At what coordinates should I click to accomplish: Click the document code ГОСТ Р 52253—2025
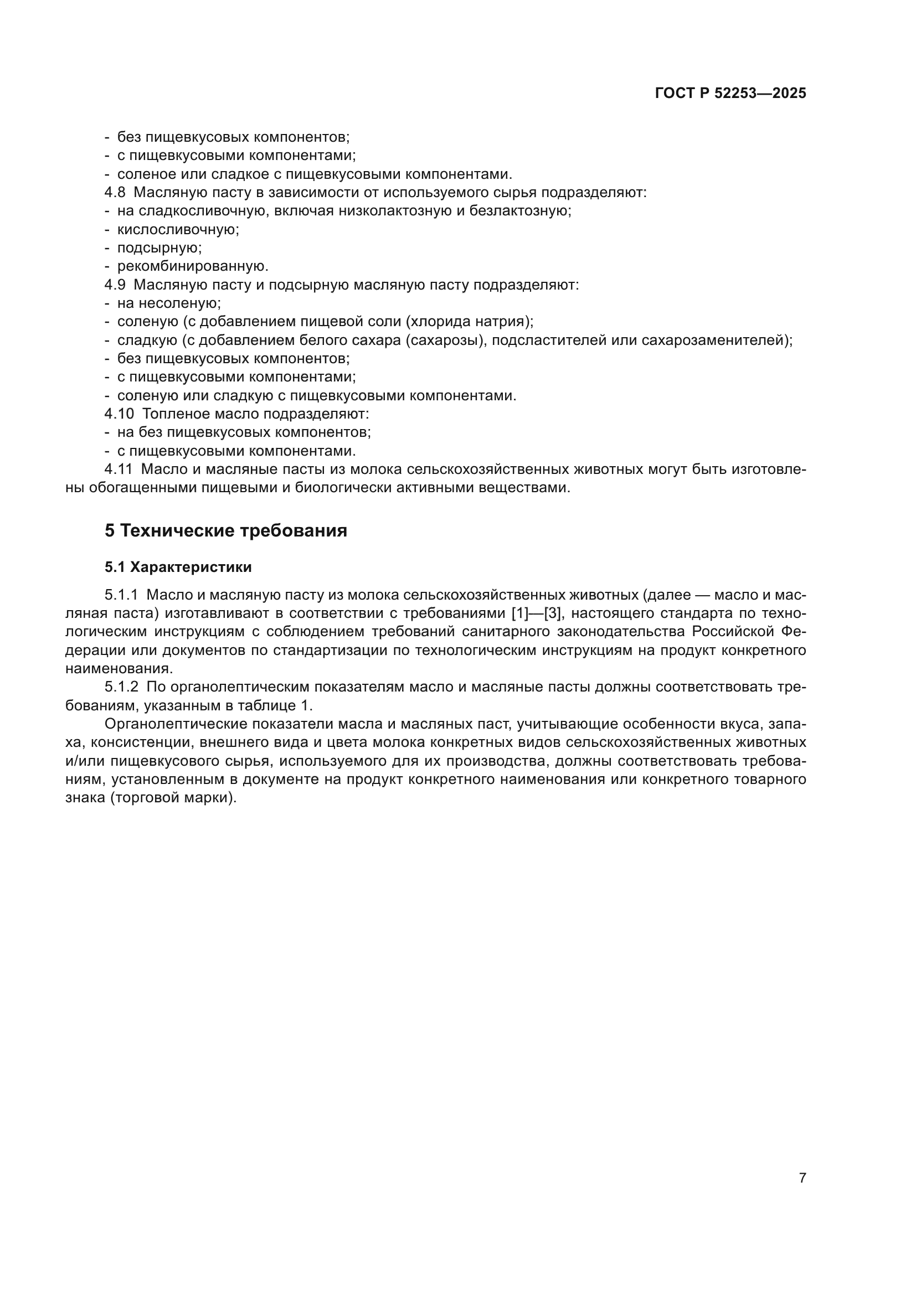(730, 94)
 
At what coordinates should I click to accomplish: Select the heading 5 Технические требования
(225, 531)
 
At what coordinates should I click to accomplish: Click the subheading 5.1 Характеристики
(178, 567)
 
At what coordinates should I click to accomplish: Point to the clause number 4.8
(115, 193)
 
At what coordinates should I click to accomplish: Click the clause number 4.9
(115, 285)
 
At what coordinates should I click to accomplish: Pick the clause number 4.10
(119, 414)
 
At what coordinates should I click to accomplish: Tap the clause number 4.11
(119, 469)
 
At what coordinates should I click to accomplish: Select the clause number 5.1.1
(121, 595)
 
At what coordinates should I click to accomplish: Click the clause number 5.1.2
(121, 687)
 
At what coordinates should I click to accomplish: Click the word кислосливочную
(178, 230)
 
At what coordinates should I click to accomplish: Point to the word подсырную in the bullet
(159, 248)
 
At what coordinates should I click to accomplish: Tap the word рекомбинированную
(192, 267)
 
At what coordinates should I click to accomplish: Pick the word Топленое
(176, 414)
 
